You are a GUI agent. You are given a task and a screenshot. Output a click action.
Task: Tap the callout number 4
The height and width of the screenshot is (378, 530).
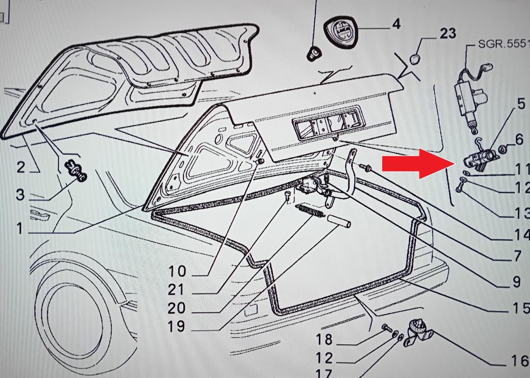coord(396,24)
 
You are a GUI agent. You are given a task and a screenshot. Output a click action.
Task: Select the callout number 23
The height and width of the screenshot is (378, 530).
coord(447,33)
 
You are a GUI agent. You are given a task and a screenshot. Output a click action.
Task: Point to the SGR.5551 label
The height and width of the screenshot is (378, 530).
coord(503,43)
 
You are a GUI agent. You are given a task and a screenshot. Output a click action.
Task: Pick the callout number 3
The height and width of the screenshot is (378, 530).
coord(20,194)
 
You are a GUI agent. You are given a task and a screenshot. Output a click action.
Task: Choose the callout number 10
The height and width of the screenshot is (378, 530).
coord(177,271)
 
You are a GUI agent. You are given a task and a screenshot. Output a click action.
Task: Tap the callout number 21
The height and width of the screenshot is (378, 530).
coord(176,290)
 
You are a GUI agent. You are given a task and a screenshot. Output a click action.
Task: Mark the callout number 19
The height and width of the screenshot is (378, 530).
coord(176,326)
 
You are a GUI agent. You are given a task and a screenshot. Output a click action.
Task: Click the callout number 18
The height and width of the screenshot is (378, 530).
coord(324,339)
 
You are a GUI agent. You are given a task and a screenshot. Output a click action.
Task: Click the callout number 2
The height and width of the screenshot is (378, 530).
coord(21,167)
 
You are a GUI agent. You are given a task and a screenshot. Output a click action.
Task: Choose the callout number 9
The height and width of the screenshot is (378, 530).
coord(516,282)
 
